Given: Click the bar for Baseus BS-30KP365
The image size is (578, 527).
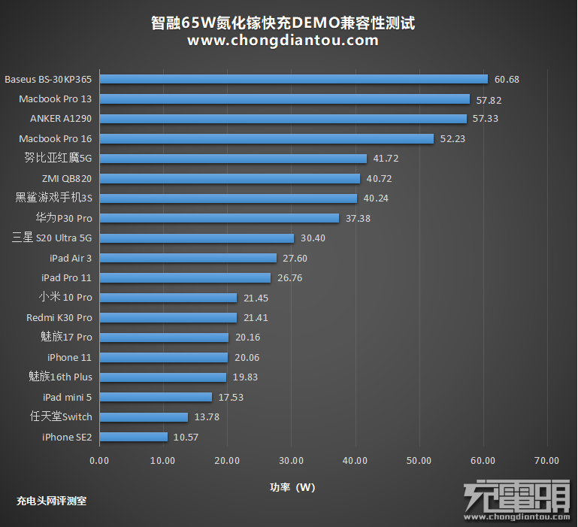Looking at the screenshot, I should pos(293,79).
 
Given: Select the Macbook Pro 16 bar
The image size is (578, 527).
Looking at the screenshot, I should pos(266,138).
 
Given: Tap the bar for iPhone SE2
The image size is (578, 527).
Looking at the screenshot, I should pos(133,437).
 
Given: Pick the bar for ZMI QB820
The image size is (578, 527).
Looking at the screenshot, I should pos(229,178).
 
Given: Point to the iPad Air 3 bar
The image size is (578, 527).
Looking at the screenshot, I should pos(188,258).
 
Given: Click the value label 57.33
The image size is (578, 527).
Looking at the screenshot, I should pos(486,119).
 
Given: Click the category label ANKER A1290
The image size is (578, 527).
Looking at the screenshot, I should pos(60,119).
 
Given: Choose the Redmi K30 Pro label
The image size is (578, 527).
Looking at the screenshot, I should pos(59,318).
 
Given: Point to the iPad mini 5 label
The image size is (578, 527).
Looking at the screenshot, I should pos(68,397).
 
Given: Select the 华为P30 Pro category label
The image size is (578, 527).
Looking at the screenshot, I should pos(63,218).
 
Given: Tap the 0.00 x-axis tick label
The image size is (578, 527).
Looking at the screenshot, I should pos(98,461).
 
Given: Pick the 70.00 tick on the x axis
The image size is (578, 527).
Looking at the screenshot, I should pos(546,461).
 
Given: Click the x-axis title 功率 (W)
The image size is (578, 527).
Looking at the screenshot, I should pos(292,487).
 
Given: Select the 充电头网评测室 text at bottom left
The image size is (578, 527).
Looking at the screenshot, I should pos(51,500).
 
